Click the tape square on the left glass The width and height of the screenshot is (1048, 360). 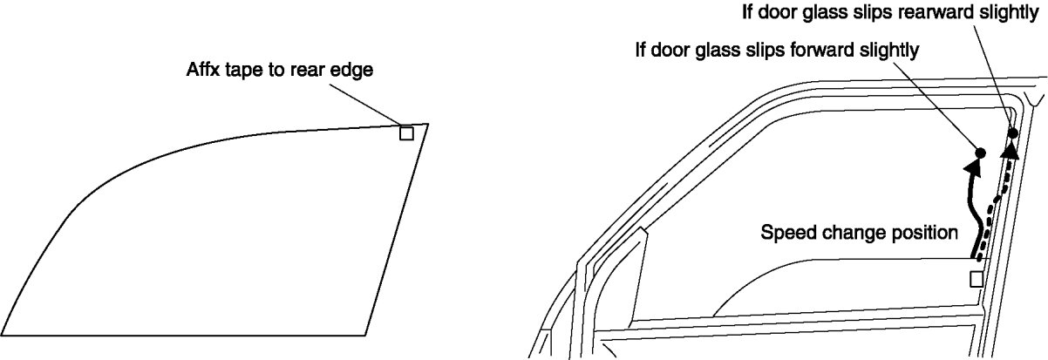point(406,133)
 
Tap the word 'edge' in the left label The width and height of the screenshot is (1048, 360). point(355,71)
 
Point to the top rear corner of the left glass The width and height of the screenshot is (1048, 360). point(428,125)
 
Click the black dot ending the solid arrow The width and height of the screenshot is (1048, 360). point(979,153)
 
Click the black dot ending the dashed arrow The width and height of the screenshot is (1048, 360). point(1013,133)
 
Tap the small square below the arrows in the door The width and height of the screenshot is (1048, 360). point(977,279)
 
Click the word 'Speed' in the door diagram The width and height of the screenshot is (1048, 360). point(784,234)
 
